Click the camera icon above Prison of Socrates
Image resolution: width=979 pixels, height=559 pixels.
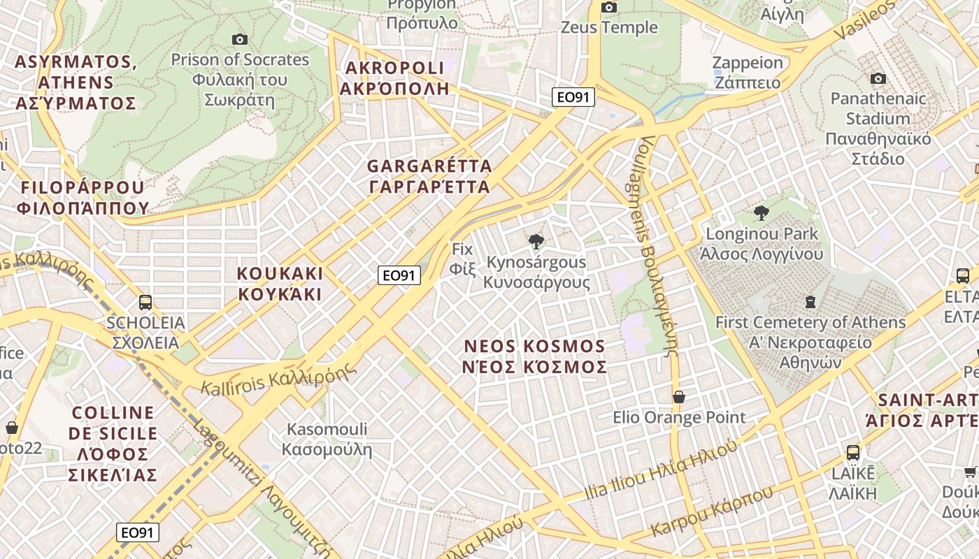tap(240, 40)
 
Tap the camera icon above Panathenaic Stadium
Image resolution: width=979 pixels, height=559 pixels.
tap(878, 78)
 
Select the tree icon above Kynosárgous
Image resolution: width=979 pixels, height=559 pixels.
tap(536, 242)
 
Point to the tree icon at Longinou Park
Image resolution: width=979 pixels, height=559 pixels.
tap(762, 213)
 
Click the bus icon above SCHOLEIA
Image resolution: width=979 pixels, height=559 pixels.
tap(145, 303)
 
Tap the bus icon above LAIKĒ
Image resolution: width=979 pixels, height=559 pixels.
tap(853, 452)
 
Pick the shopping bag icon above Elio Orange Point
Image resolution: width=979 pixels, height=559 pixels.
tap(678, 397)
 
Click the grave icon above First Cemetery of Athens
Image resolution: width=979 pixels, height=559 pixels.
tap(810, 302)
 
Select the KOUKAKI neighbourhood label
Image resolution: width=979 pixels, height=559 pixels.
tap(280, 283)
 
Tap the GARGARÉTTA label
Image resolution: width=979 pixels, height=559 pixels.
tap(429, 176)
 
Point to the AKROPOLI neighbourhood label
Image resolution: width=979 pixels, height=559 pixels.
tap(394, 78)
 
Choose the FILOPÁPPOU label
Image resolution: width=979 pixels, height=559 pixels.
tap(83, 197)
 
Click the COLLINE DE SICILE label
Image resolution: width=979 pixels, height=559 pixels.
tap(113, 444)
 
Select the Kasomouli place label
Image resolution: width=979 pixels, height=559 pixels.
tap(327, 439)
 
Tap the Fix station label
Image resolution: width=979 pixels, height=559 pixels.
tap(462, 259)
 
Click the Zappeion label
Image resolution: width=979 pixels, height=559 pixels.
tap(748, 72)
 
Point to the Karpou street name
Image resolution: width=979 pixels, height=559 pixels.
tap(712, 510)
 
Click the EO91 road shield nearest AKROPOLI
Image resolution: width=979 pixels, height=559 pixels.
tap(573, 97)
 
